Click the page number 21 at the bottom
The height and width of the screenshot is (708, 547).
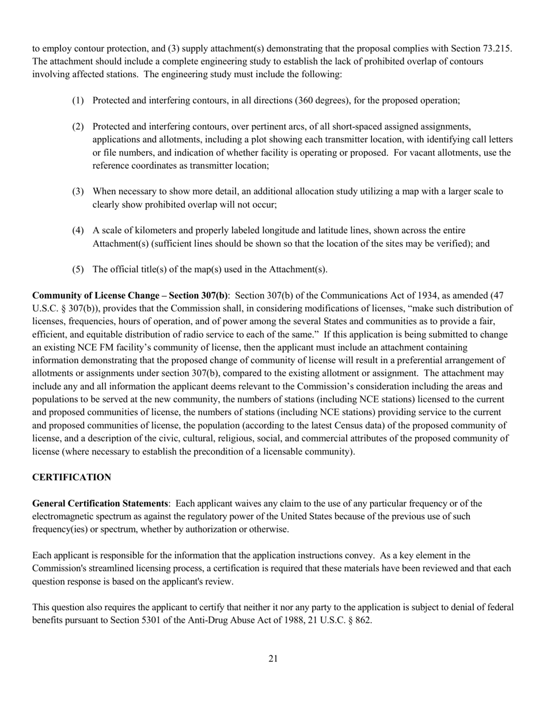point(273,658)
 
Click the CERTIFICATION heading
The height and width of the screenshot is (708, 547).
point(71,477)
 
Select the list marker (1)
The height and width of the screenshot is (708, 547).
point(78,100)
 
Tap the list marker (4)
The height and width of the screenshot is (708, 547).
point(78,230)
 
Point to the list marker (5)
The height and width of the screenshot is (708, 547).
point(78,269)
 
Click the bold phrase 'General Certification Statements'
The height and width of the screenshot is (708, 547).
point(100,504)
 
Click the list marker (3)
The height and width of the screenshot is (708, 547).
point(78,191)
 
